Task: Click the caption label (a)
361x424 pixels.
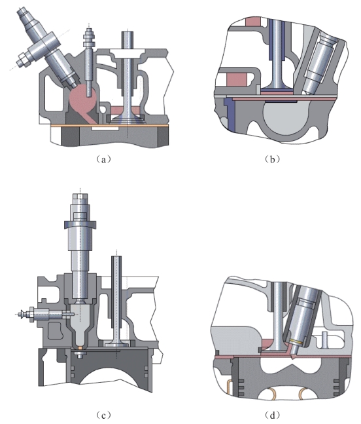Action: click(x=103, y=159)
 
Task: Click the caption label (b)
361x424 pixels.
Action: click(x=272, y=159)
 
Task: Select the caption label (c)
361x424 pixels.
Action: click(x=103, y=415)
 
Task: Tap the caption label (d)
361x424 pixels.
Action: click(x=272, y=415)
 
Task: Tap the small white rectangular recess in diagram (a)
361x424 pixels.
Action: click(x=105, y=128)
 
